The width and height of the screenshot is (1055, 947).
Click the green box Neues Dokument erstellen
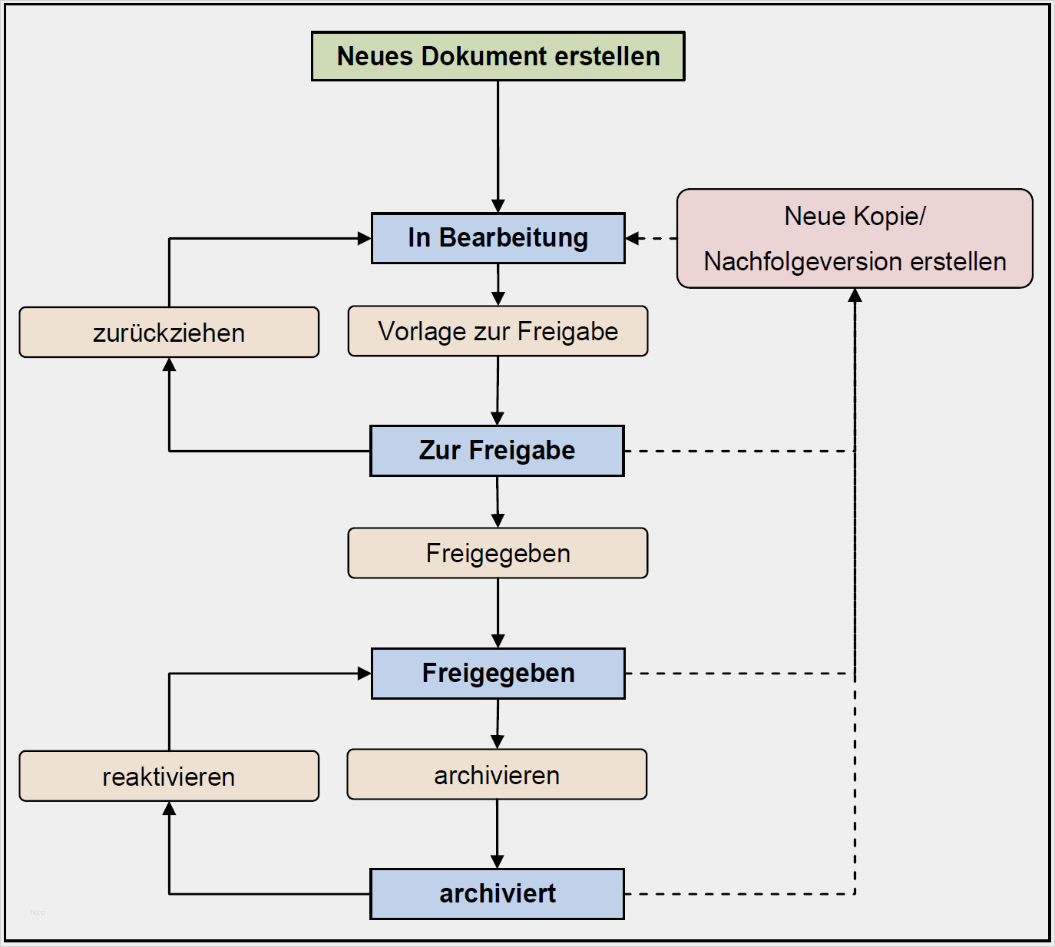pos(498,56)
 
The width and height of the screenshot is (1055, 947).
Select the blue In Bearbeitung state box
pos(498,238)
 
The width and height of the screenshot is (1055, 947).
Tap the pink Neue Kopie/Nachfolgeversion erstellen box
pos(855,239)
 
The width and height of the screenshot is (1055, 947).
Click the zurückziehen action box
pos(169,333)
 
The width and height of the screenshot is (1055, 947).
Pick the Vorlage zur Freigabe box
pos(498,331)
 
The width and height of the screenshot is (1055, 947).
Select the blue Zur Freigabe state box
pos(497,451)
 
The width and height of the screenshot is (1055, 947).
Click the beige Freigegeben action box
pos(498,553)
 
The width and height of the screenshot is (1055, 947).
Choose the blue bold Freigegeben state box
pos(498,674)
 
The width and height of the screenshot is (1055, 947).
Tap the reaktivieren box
pos(169,776)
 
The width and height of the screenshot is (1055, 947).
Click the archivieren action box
pos(497,775)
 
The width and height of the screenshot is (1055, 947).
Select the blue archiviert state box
pos(497,894)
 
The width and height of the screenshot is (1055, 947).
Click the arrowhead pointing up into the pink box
pos(855,296)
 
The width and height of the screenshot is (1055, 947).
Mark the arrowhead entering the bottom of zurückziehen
pos(169,365)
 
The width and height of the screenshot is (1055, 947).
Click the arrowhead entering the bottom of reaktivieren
pos(169,809)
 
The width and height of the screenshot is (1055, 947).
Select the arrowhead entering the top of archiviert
pos(498,861)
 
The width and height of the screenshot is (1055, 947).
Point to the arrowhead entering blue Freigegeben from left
pos(364,674)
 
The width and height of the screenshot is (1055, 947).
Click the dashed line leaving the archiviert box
pos(737,894)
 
